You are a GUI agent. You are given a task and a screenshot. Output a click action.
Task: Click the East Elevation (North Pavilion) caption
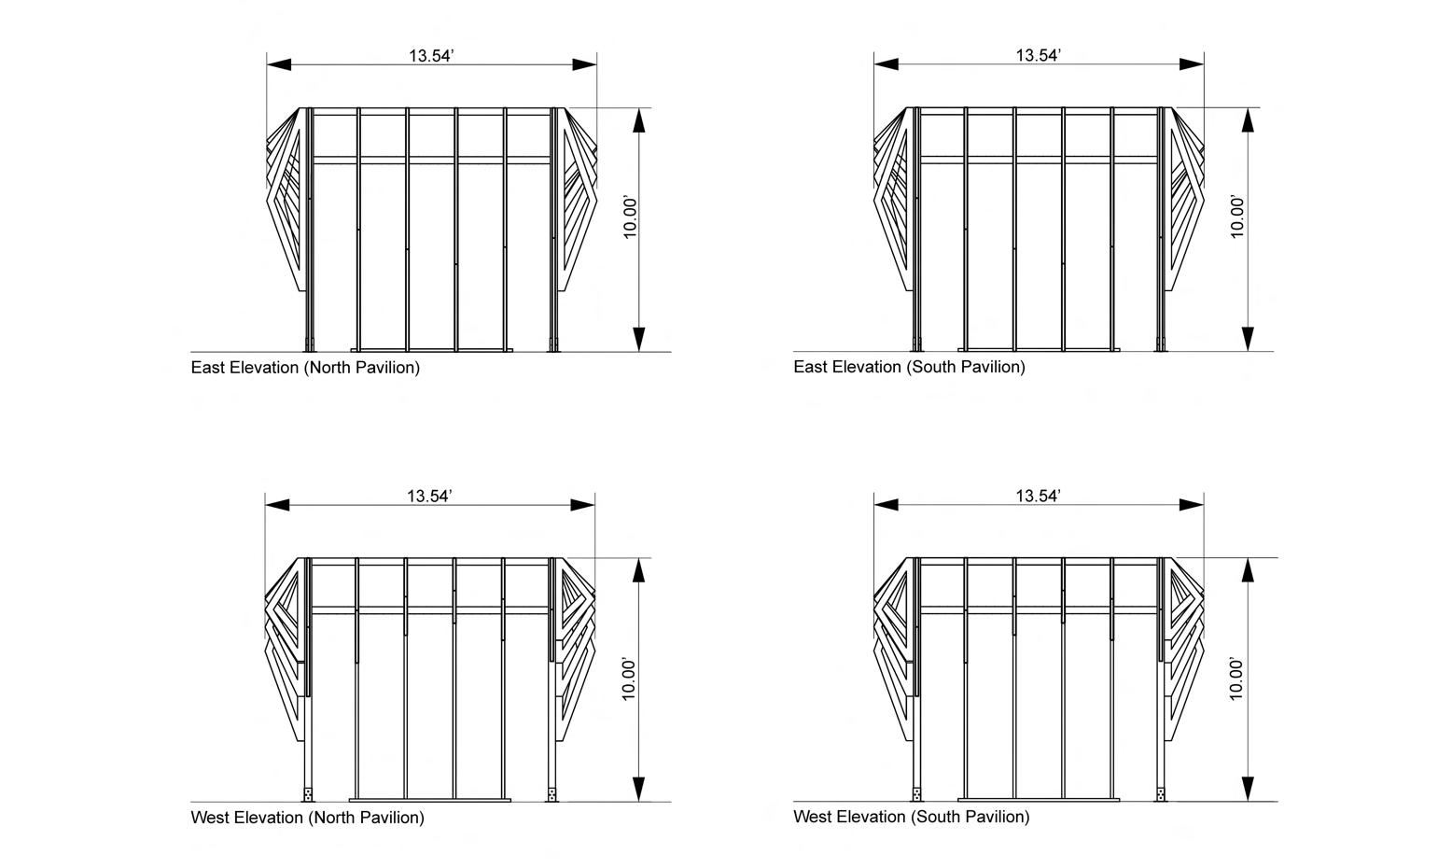point(305,368)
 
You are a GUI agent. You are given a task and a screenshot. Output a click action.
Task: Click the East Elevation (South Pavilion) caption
point(909,367)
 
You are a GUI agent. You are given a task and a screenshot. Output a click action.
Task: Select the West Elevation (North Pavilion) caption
point(307,818)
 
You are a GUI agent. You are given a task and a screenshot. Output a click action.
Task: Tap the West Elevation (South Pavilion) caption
point(911,817)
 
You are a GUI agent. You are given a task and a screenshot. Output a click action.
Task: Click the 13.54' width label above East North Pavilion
point(431,56)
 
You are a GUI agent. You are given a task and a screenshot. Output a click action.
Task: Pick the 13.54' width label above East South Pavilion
point(1039,56)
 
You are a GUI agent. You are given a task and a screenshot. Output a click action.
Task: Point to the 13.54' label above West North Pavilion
point(429,497)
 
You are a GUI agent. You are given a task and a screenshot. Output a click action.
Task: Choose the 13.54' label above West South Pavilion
point(1038,497)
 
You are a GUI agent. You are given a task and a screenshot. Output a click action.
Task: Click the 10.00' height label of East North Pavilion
point(632,217)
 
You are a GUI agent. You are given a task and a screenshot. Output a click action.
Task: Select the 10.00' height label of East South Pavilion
point(1238,217)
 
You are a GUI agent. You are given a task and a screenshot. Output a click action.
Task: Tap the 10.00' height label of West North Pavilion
point(630,679)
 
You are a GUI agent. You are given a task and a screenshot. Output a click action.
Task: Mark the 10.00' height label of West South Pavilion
point(1237,679)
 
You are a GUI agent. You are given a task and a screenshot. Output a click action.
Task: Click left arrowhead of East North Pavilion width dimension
point(279,64)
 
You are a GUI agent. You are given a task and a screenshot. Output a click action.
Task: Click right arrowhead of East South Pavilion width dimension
point(1192,64)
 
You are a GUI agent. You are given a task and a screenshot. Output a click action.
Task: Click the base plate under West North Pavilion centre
point(430,800)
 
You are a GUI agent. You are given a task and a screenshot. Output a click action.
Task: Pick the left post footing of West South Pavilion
point(916,794)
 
